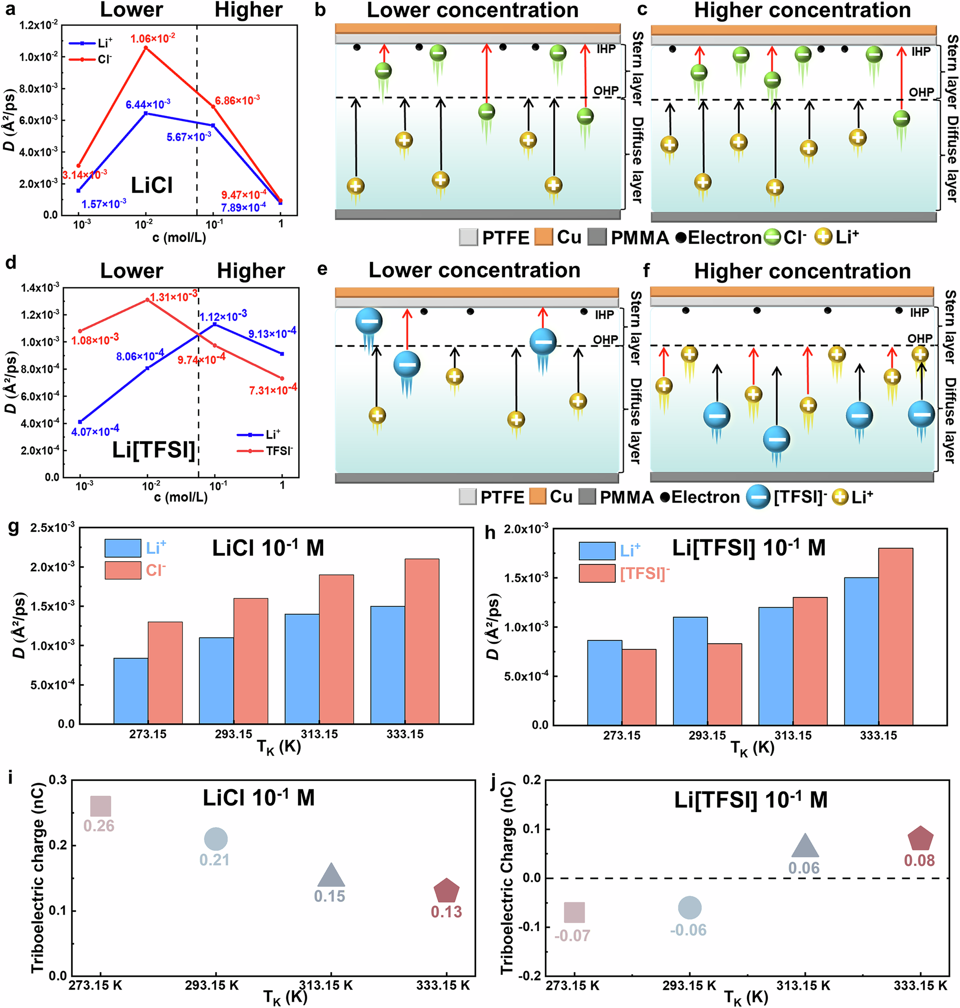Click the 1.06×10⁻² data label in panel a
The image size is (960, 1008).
click(x=153, y=38)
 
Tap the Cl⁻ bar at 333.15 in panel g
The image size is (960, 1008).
click(x=421, y=641)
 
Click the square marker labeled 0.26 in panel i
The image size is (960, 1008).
click(x=100, y=806)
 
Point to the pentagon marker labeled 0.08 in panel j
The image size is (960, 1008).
click(x=920, y=839)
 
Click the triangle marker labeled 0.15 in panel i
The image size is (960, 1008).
click(x=331, y=876)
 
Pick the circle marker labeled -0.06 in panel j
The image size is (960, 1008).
click(x=689, y=908)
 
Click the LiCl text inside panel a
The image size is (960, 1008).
click(x=152, y=185)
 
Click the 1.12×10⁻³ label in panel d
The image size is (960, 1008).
click(x=223, y=316)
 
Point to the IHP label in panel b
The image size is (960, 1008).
click(x=606, y=49)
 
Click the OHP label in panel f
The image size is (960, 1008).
click(x=920, y=338)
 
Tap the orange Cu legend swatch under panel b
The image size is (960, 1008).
click(x=543, y=238)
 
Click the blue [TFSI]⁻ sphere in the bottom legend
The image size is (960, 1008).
click(x=757, y=497)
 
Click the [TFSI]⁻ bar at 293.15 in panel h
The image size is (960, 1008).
click(x=724, y=684)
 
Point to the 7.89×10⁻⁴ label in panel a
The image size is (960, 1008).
click(x=243, y=207)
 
